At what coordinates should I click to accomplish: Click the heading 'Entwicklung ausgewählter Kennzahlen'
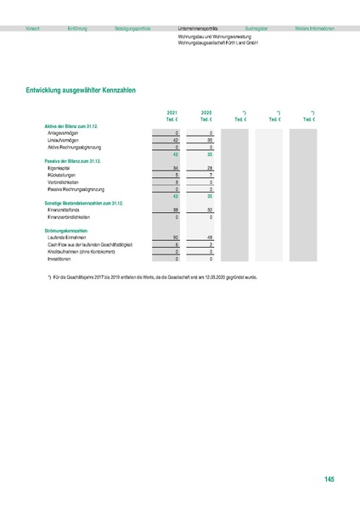(x=82, y=88)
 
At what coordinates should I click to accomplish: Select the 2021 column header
(x=172, y=112)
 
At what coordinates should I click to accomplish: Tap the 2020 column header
(x=206, y=112)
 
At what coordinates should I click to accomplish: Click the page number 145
(x=329, y=480)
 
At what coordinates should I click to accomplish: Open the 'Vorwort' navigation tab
(x=33, y=28)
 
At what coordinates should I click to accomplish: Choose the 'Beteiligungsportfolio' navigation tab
(x=132, y=28)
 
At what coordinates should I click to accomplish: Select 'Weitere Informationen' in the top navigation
(x=314, y=28)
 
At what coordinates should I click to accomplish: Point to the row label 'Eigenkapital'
(x=59, y=169)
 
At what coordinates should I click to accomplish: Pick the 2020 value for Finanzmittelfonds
(x=209, y=209)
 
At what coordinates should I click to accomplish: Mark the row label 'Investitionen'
(x=59, y=258)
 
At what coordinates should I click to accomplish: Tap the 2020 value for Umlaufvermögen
(x=209, y=140)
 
